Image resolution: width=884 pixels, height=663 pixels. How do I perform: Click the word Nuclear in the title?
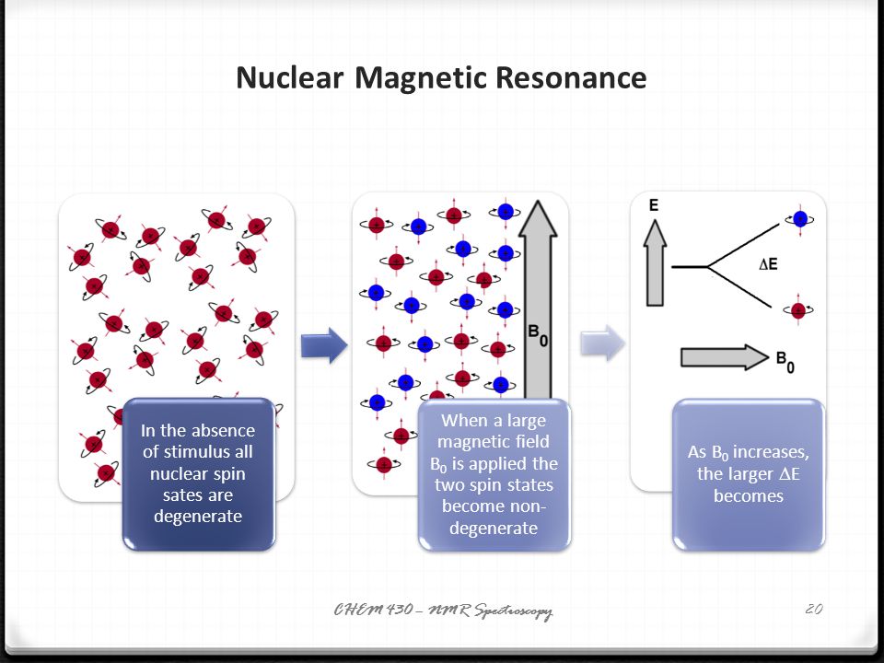coord(290,77)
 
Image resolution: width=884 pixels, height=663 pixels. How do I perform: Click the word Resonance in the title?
coord(571,77)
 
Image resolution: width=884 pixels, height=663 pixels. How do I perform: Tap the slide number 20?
coord(813,609)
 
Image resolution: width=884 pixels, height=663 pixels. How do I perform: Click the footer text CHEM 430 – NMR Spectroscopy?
coord(443,610)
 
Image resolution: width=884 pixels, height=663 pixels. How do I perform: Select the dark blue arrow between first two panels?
coord(324,345)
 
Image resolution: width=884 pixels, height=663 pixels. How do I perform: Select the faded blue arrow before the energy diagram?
coord(602,343)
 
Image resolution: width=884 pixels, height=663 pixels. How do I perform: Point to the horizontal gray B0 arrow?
coord(725,357)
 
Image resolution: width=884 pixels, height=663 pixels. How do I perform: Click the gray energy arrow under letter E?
coord(655,262)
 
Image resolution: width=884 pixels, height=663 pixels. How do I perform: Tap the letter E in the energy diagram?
coord(654,204)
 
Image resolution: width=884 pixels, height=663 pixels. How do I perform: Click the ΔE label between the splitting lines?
coord(768,264)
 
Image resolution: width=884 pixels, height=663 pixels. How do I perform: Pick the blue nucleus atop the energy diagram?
coord(800,219)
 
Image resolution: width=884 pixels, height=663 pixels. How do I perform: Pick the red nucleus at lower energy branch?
coord(798,309)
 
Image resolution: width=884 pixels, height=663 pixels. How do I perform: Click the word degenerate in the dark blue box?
coord(198,517)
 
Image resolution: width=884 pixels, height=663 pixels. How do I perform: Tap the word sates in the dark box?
coord(181,495)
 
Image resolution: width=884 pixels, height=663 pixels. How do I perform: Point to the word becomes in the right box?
coord(749,496)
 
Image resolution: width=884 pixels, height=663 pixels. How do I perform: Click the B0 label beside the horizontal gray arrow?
coord(785,361)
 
